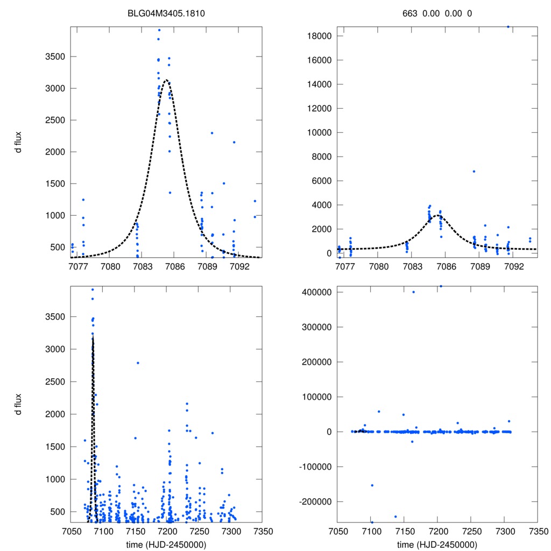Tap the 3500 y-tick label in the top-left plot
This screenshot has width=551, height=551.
point(53,56)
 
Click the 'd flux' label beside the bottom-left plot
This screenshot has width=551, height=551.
point(19,404)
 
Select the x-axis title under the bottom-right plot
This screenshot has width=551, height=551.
point(437,545)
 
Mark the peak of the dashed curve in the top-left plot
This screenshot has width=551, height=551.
point(167,80)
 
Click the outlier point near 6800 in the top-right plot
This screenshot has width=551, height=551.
point(474,171)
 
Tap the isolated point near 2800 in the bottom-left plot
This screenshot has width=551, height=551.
point(138,363)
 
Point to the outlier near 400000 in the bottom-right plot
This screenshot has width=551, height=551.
point(413,292)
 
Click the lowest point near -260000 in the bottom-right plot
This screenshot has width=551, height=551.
point(372,522)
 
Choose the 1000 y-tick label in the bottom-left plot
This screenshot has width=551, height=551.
point(53,479)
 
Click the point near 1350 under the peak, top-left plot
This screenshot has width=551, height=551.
point(170,193)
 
